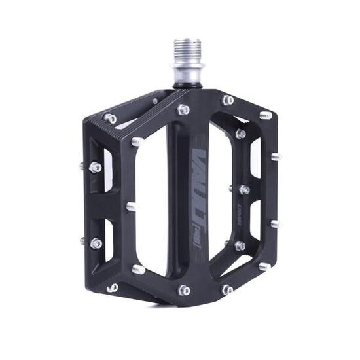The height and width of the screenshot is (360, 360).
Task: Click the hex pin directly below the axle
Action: pyautogui.click(x=184, y=109)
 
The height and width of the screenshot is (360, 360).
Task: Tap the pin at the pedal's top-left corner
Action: pyautogui.click(x=110, y=118)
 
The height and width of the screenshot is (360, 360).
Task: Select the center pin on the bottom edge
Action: pyautogui.click(x=185, y=289)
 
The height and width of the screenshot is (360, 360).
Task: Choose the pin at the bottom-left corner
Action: pyautogui.click(x=113, y=287)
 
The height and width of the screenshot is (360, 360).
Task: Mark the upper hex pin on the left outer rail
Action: pyautogui.click(x=96, y=167)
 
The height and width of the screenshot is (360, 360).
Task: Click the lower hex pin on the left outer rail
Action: pyautogui.click(x=96, y=243)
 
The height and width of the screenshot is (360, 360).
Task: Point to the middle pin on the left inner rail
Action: pyautogui.click(x=132, y=206)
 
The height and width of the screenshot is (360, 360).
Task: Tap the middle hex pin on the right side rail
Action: pyautogui.click(x=244, y=190)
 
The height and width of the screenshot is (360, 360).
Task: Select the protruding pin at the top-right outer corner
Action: pyautogui.click(x=265, y=116)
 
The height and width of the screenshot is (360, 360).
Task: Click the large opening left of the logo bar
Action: pyautogui.click(x=152, y=203)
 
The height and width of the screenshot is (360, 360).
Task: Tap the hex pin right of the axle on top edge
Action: pyautogui.click(x=228, y=100)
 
